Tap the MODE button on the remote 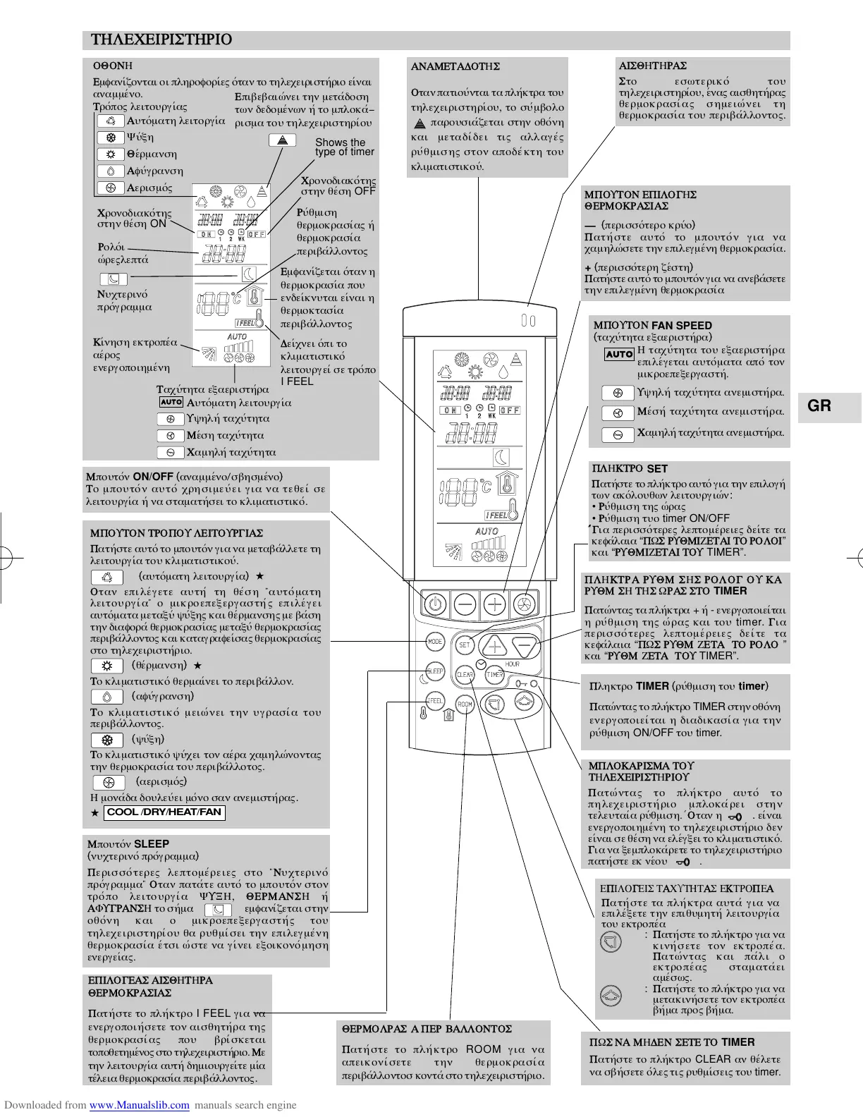pos(435,642)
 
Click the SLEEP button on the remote pos(435,671)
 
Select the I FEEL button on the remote pos(435,701)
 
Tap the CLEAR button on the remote pos(465,674)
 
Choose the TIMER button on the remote pos(495,674)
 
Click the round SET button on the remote pos(465,644)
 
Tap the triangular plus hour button pos(494,646)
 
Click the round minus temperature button pos(465,604)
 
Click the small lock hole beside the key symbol pos(534,684)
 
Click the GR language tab pos(819,406)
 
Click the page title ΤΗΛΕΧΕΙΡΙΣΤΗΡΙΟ pos(161,39)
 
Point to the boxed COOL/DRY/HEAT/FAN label pos(164,812)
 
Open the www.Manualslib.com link pos(140,1105)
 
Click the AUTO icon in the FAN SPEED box pos(619,354)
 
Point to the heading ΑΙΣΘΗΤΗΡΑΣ pos(652,66)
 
